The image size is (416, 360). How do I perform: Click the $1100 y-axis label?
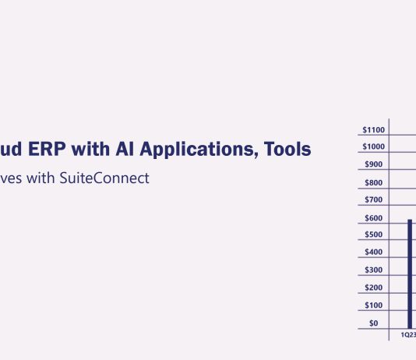(x=374, y=129)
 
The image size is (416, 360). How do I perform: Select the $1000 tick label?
(x=374, y=146)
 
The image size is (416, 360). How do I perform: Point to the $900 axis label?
(x=374, y=164)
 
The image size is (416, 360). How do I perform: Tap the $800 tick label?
(x=374, y=183)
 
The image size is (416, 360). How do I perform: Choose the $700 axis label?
(x=374, y=200)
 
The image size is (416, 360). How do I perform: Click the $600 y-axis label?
(x=374, y=218)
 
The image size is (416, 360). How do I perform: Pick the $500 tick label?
(x=374, y=235)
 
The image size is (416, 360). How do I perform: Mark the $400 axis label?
(x=374, y=252)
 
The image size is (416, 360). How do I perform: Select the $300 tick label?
(x=374, y=270)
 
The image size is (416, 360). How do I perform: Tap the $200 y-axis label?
(x=374, y=288)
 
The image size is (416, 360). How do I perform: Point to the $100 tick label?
(x=374, y=305)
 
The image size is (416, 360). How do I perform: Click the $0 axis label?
(x=374, y=323)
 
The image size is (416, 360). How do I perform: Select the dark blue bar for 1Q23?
(x=410, y=274)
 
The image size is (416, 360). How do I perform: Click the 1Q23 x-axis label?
(x=408, y=334)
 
